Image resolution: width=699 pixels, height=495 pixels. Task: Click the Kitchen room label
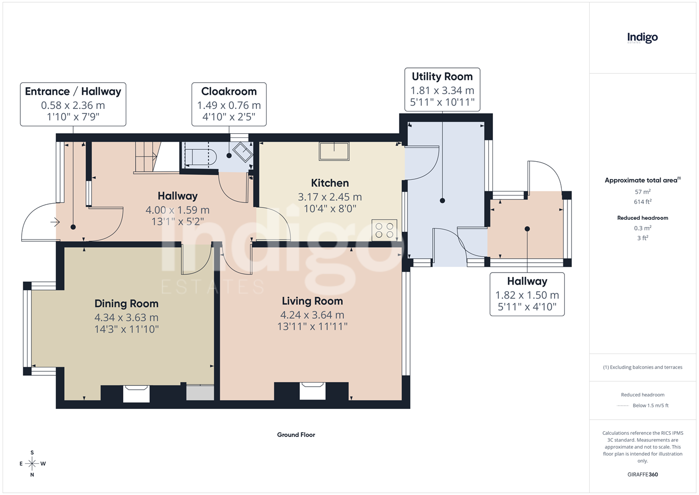coord(330,183)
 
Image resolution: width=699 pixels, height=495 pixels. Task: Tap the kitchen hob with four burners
coord(384,230)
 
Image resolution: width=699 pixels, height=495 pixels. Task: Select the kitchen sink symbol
coord(334,151)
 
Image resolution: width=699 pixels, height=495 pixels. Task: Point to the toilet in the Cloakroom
coord(201,157)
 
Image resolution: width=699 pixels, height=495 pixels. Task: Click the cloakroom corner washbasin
coord(243,152)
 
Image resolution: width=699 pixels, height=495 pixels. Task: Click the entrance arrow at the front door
coord(55,222)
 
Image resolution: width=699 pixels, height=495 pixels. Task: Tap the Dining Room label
coord(126,304)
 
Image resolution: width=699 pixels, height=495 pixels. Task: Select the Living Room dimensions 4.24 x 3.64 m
coord(312,315)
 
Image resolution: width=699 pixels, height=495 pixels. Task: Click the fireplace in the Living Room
coord(312,391)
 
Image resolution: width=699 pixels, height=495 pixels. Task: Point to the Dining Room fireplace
coord(136,394)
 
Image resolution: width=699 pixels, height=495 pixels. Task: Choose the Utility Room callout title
coord(442,77)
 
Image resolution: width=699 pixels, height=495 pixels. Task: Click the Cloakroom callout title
coord(229,91)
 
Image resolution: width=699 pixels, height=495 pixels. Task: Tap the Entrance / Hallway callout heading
coord(73,91)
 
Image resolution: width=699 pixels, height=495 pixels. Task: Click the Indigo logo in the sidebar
coord(643,38)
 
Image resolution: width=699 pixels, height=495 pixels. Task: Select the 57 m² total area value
coord(643,192)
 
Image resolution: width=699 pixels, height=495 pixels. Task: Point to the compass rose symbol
coord(32,464)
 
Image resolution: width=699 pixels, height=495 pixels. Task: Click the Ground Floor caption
coord(296,435)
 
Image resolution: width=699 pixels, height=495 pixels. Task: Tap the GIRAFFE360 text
coord(643,474)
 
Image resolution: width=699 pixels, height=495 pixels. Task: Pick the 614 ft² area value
coord(643,202)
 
